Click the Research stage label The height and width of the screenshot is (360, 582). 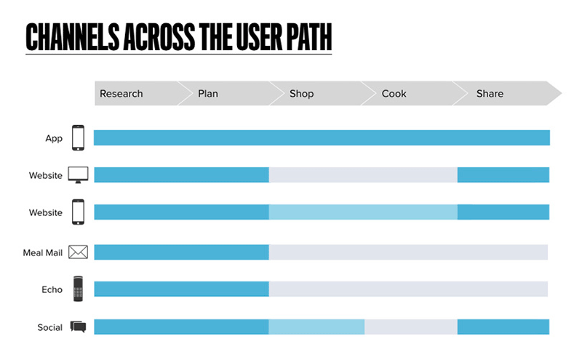[x=121, y=94]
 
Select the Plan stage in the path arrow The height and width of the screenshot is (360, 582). [x=208, y=94]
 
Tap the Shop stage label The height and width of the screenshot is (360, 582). [x=301, y=94]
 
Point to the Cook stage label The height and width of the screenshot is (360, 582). [x=394, y=94]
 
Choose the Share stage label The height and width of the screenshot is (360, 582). [x=490, y=94]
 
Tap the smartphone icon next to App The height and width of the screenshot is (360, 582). [x=78, y=137]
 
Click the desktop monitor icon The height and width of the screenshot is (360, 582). [x=78, y=175]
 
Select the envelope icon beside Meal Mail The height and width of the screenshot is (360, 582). [x=78, y=252]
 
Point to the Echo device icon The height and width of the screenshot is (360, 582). [x=78, y=289]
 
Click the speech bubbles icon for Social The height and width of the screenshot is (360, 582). [x=78, y=327]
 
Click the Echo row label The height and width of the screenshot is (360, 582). [x=52, y=289]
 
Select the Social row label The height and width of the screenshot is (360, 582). [x=50, y=327]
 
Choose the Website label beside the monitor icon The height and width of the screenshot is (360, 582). [x=46, y=175]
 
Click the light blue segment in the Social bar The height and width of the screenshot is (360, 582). [x=316, y=327]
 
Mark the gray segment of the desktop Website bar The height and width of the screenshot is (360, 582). [x=363, y=175]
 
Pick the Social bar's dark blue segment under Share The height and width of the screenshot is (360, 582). [x=503, y=327]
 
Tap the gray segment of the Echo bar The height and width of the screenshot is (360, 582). [x=408, y=289]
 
